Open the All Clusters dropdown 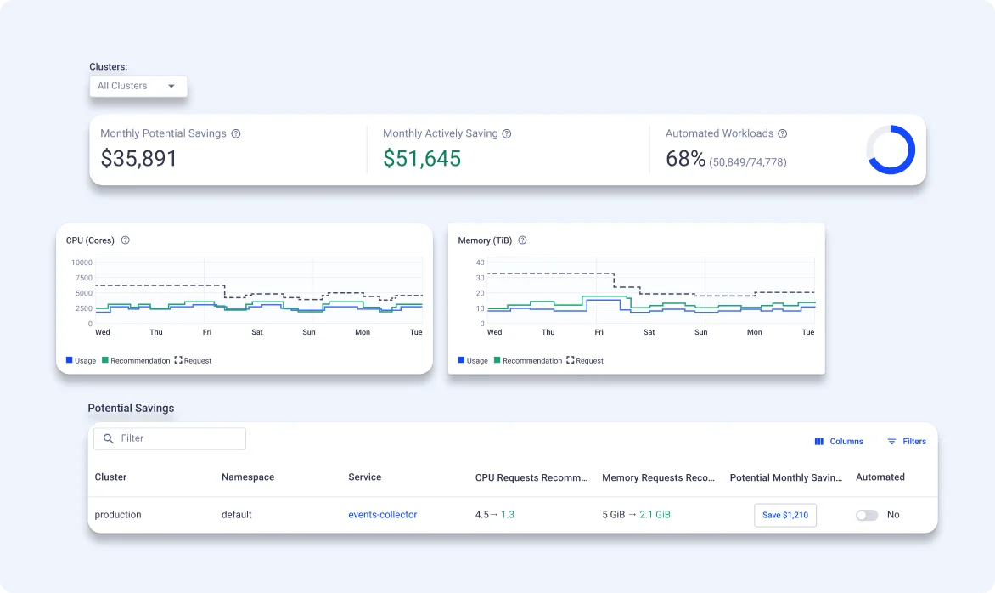click(138, 86)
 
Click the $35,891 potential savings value click(138, 159)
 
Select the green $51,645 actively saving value click(422, 159)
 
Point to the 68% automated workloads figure click(685, 159)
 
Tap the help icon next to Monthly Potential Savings click(236, 133)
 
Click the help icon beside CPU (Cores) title click(126, 240)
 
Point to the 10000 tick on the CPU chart click(82, 263)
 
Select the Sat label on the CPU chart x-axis click(257, 332)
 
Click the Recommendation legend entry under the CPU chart click(136, 361)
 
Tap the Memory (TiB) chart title click(486, 240)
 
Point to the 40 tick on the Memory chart click(480, 263)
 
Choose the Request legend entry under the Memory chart click(585, 361)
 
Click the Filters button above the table click(906, 442)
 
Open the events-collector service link click(382, 515)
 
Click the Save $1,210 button click(784, 515)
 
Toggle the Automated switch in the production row click(867, 515)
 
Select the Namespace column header click(248, 477)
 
